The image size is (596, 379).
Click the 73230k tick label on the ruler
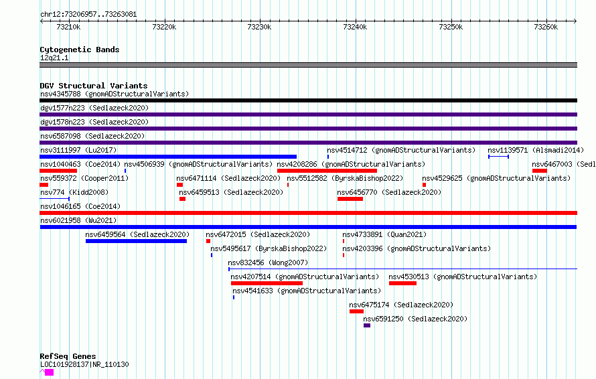click(x=259, y=27)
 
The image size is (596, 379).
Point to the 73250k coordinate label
click(x=451, y=27)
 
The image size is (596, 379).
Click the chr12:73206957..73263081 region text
click(x=88, y=15)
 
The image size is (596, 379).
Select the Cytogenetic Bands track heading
click(x=80, y=50)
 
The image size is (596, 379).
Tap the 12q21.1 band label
click(x=54, y=58)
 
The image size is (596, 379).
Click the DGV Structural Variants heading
click(x=94, y=86)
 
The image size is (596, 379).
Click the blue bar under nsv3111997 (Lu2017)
click(x=168, y=157)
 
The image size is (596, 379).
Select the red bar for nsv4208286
click(x=327, y=171)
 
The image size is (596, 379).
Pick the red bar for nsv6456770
click(x=350, y=199)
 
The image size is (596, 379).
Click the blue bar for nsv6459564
click(x=136, y=241)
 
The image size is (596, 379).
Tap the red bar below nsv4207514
click(x=267, y=283)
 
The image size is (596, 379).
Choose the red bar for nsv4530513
click(x=402, y=283)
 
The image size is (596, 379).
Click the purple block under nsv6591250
click(x=367, y=325)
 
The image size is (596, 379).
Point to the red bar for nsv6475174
click(x=356, y=311)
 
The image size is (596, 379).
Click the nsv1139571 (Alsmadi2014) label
click(x=536, y=150)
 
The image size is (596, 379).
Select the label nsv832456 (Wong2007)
click(x=268, y=262)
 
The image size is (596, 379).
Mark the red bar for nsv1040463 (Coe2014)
click(x=58, y=171)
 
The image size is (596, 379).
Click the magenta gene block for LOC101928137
click(x=49, y=372)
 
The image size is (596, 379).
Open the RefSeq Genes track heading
click(x=68, y=356)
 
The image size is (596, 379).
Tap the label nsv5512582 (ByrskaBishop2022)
click(x=345, y=178)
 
